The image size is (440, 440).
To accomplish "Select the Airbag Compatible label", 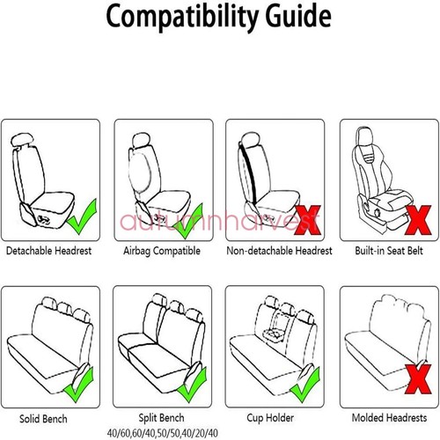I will pyautogui.click(x=163, y=251).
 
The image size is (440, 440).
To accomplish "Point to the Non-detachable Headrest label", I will pyautogui.click(x=278, y=251).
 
